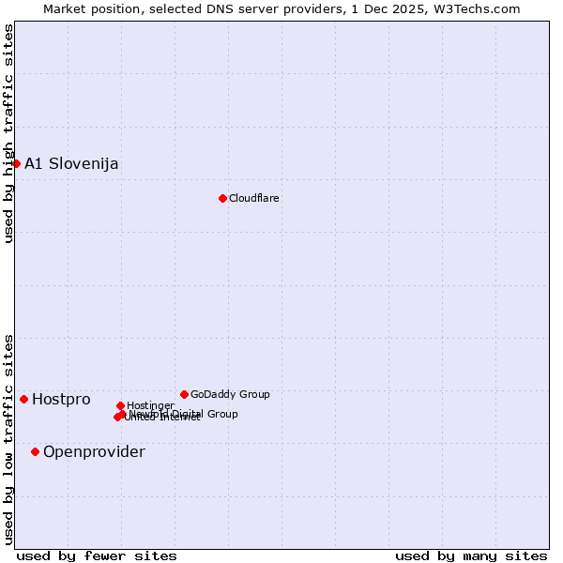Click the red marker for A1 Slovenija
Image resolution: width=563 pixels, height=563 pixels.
16,163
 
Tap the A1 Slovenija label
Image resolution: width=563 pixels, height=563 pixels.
71,164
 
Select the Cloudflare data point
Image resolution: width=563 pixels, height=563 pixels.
222,198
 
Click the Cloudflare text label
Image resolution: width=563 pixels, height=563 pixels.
254,199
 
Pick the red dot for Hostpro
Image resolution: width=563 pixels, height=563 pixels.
24,399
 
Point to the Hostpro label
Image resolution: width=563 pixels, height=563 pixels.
61,400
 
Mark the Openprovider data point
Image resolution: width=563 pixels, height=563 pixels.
36,451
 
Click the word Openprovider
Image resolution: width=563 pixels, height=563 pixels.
94,452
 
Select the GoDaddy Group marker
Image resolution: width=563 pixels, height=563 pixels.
184,394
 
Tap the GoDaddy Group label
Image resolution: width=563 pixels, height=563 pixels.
230,395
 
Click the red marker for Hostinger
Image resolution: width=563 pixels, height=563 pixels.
120,405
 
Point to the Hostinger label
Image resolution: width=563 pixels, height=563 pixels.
150,406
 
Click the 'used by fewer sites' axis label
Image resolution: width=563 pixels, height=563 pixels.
97,555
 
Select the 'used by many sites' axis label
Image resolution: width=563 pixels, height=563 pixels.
471,555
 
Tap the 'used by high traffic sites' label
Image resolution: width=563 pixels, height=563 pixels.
8,133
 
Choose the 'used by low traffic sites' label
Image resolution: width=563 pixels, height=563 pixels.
8,439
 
